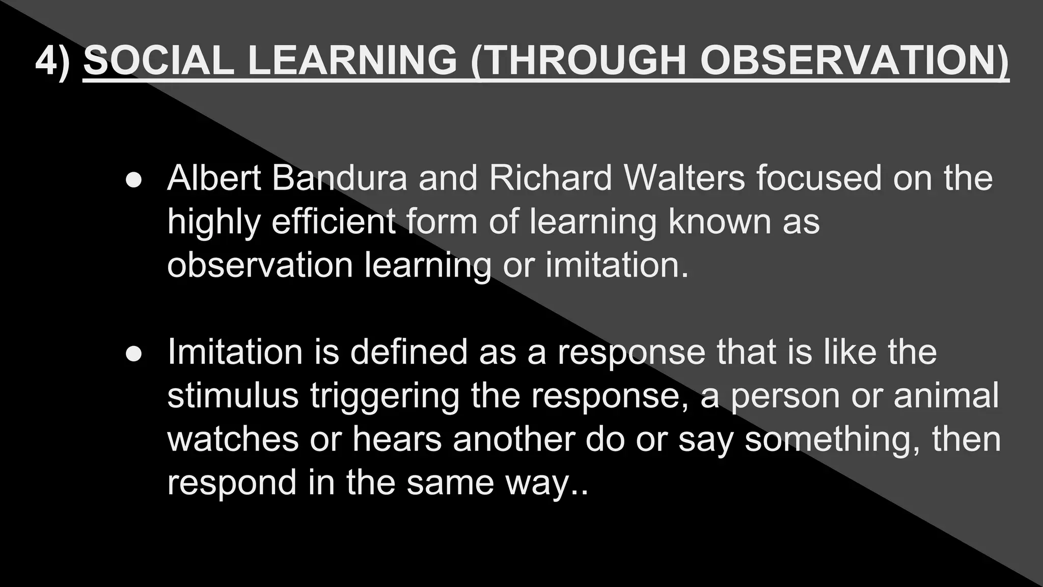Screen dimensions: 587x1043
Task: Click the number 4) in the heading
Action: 52,61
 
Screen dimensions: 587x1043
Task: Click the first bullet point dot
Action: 133,179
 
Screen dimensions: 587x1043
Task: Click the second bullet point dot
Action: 133,354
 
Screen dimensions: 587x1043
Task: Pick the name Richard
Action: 550,178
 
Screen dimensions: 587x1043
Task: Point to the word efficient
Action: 334,222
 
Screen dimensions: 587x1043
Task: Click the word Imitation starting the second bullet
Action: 235,352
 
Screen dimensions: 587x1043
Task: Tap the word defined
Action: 408,352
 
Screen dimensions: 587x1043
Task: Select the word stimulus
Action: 233,396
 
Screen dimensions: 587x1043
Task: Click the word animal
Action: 946,396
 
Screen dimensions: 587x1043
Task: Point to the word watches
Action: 233,439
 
